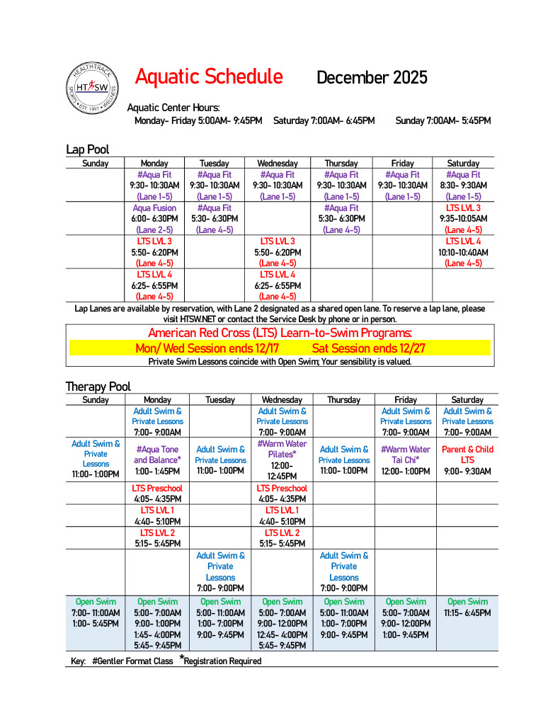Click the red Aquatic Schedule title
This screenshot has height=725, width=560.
[209, 76]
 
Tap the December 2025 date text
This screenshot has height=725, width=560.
[372, 77]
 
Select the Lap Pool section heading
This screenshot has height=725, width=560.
[87, 149]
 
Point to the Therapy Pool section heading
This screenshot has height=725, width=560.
[98, 387]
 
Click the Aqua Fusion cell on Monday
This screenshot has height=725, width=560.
[154, 219]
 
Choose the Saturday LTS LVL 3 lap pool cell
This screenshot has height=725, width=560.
[463, 219]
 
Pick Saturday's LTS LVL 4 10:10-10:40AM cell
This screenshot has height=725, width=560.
[463, 252]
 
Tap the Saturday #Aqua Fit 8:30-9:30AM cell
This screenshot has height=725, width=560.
[463, 185]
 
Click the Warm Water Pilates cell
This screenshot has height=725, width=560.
[282, 459]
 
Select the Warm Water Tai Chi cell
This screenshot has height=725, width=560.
[405, 459]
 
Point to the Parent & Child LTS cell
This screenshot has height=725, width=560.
[467, 459]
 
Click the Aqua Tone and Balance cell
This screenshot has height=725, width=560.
[157, 459]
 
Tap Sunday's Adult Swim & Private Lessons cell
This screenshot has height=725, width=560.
[96, 459]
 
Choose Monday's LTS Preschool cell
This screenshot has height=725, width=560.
[157, 493]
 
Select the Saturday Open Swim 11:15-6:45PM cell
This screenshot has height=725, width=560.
[467, 607]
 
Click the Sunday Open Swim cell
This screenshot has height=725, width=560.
[96, 613]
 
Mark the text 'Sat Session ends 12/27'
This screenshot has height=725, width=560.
[369, 348]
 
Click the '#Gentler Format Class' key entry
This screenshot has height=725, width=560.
[132, 661]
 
